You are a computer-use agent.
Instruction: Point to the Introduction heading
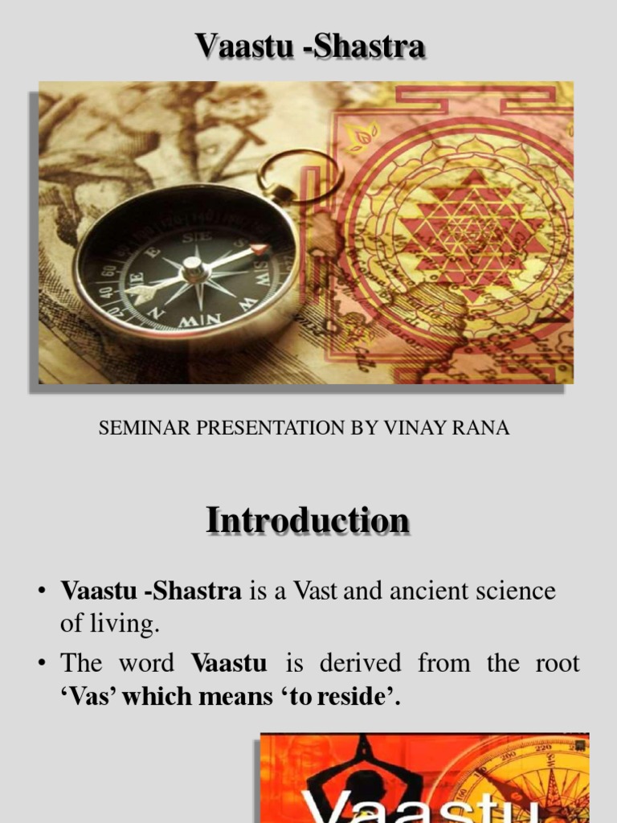308,520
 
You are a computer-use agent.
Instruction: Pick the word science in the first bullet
515,592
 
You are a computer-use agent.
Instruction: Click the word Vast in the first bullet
316,592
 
